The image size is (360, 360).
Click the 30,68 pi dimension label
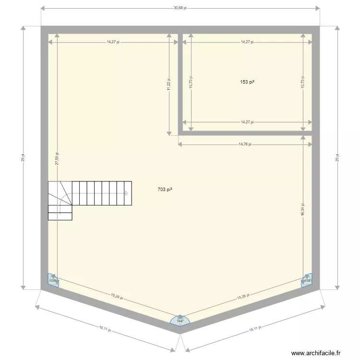pyautogui.click(x=180, y=8)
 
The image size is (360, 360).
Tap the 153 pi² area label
pyautogui.click(x=247, y=82)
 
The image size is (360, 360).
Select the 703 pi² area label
pyautogui.click(x=165, y=190)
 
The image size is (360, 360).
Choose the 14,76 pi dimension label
pyautogui.click(x=245, y=144)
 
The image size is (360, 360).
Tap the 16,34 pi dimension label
pyautogui.click(x=302, y=209)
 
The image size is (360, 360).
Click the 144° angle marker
pyautogui.click(x=180, y=321)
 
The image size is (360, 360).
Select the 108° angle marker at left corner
pyautogui.click(x=52, y=280)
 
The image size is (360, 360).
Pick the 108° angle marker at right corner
pyautogui.click(x=307, y=280)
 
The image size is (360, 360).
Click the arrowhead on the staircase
pyautogui.click(x=127, y=193)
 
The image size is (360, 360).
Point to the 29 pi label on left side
pyautogui.click(x=23, y=158)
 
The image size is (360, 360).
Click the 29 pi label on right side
pyautogui.click(x=337, y=158)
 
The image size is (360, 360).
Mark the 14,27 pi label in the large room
pyautogui.click(x=113, y=42)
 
